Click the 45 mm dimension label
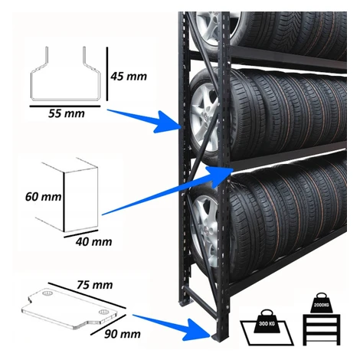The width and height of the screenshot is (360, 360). coord(129,77)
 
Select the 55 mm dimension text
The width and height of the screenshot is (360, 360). coord(67,113)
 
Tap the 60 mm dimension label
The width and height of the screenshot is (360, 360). coord(44,197)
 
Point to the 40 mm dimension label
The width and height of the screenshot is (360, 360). coord(93,242)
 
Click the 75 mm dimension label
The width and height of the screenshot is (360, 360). coord(95,285)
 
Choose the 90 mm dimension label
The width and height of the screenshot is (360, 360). coord(123,334)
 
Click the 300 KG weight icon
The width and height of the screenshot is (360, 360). coord(267,321)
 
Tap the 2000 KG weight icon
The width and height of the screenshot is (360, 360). coord(322,303)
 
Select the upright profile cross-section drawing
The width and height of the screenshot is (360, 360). coord(65,74)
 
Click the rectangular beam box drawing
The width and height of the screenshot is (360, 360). coord(67,195)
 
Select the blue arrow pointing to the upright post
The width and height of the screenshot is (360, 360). coord(145,119)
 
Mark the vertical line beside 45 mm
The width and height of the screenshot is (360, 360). coord(107,74)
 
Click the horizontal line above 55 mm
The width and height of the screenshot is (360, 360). coord(65,106)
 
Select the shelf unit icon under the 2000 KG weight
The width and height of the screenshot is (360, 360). coord(322,329)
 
